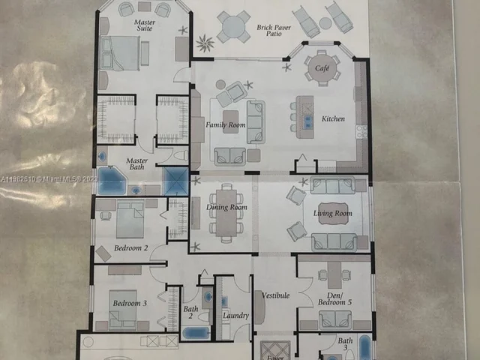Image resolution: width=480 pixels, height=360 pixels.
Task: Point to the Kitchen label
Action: click(333, 118)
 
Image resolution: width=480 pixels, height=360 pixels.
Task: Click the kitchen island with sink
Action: click(305, 117)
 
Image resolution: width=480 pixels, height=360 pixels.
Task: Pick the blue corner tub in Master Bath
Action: click(110, 181)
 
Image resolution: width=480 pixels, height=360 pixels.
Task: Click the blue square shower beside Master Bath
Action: click(175, 181)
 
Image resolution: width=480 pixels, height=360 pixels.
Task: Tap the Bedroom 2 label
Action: click(130, 247)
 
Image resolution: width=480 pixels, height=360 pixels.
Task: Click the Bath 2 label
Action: click(190, 312)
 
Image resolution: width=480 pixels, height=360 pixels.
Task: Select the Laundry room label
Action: click(235, 316)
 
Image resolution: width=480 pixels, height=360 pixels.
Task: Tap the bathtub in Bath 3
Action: click(364, 348)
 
